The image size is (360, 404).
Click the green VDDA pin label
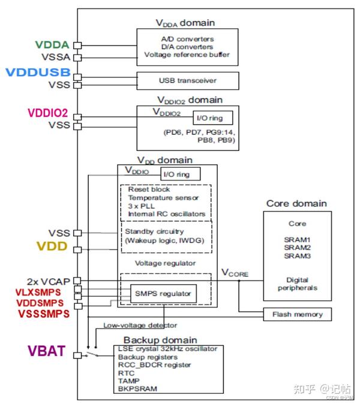click(x=52, y=44)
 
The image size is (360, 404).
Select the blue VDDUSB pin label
click(x=38, y=73)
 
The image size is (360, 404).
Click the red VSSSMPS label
click(x=44, y=313)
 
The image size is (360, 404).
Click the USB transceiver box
click(x=187, y=80)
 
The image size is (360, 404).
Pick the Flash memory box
click(x=297, y=314)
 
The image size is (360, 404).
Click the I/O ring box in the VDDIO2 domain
click(x=208, y=118)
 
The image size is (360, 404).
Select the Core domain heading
click(x=296, y=203)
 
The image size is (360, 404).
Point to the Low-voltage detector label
click(x=140, y=325)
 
